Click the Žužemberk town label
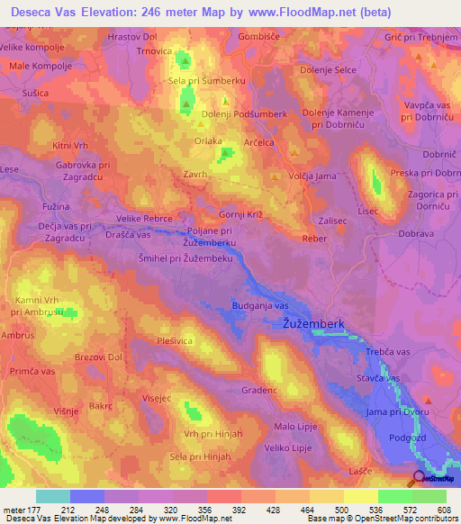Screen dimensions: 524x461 314,322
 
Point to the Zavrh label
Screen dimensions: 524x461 194,175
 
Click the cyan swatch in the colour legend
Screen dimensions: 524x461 52,496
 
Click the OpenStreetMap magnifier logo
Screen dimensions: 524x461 420,479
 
